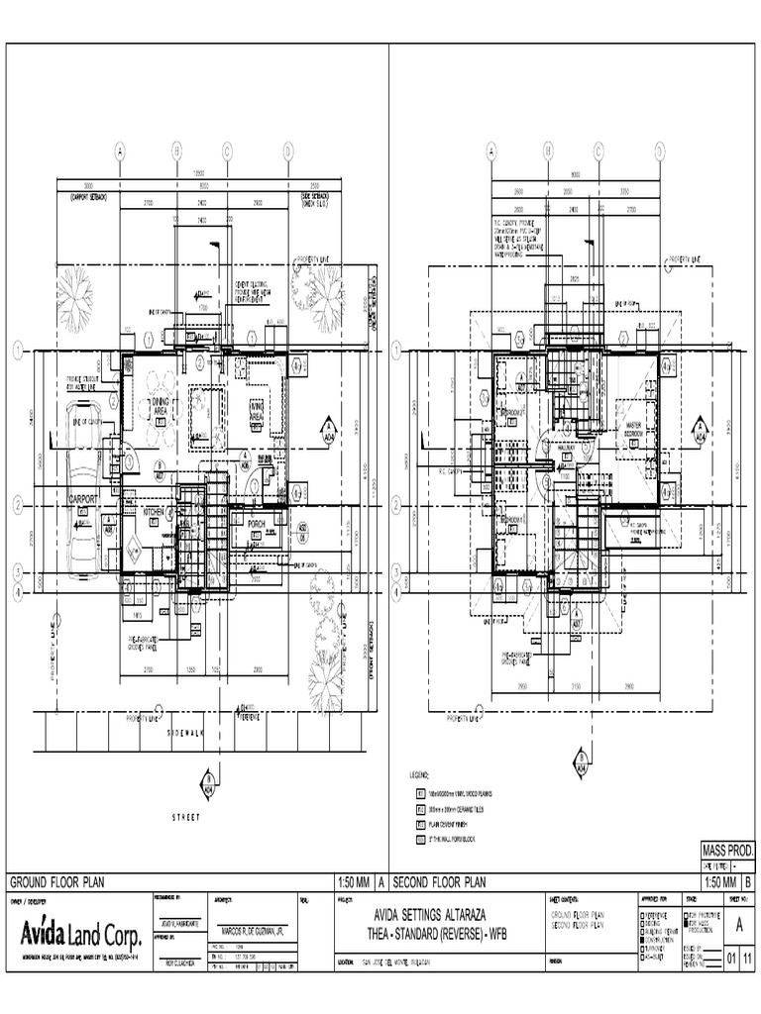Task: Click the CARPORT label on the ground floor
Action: (x=83, y=500)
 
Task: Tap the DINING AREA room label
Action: (x=161, y=407)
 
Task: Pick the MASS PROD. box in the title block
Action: (x=727, y=851)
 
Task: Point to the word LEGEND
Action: (x=422, y=773)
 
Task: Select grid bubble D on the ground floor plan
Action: (x=288, y=151)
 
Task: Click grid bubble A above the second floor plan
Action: (x=490, y=151)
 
